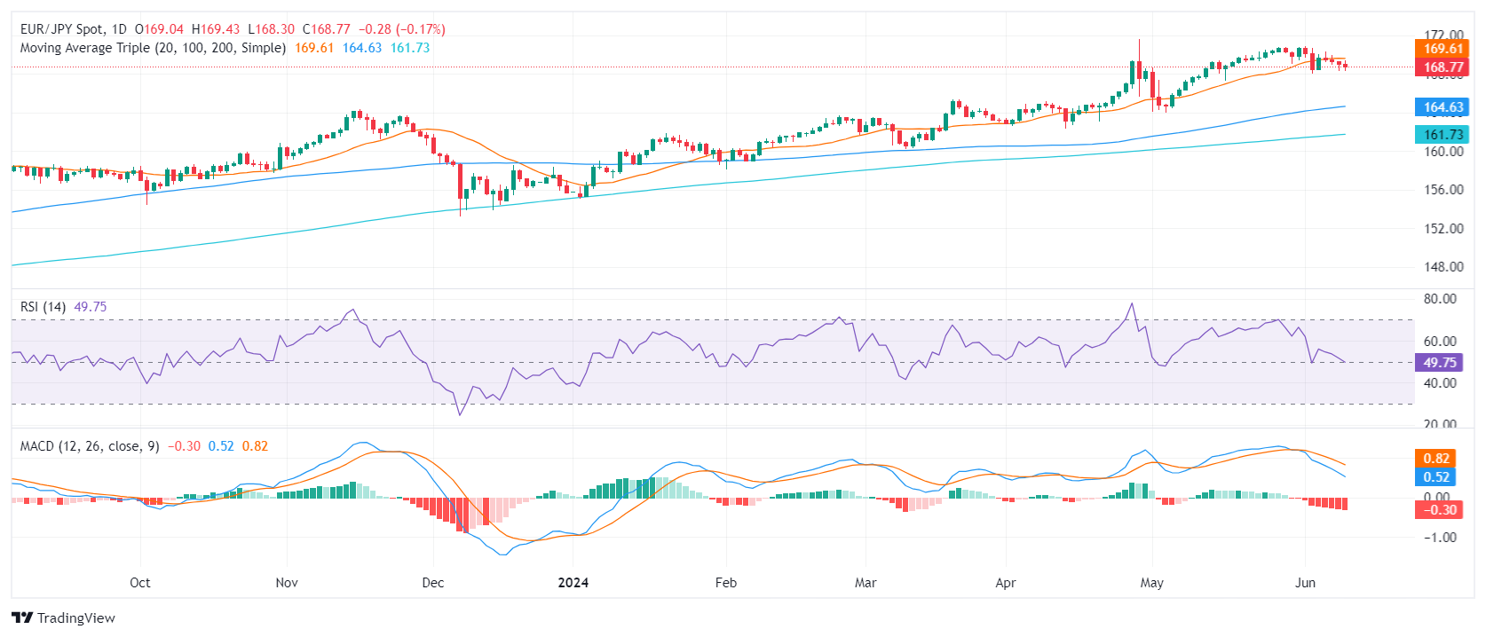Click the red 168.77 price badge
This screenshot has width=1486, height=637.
tap(1443, 67)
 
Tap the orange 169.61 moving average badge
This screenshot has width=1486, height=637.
tap(1443, 49)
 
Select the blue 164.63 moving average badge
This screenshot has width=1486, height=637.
tap(1443, 107)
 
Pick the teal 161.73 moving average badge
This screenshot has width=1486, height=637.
tap(1443, 135)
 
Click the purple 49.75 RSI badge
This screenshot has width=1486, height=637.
tap(1439, 363)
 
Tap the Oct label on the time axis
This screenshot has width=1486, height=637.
tap(140, 583)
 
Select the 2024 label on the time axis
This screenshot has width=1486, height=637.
tap(573, 583)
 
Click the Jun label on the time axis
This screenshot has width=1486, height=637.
tap(1305, 583)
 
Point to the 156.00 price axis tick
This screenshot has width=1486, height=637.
tap(1443, 190)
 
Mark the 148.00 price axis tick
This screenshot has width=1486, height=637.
tap(1443, 267)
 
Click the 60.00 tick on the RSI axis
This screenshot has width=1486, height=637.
tap(1440, 341)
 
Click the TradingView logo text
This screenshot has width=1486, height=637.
tap(75, 618)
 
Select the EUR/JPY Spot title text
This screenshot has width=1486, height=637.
tap(61, 29)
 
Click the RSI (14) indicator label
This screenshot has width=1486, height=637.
tap(43, 307)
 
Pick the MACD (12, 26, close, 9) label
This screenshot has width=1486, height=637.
tap(90, 446)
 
